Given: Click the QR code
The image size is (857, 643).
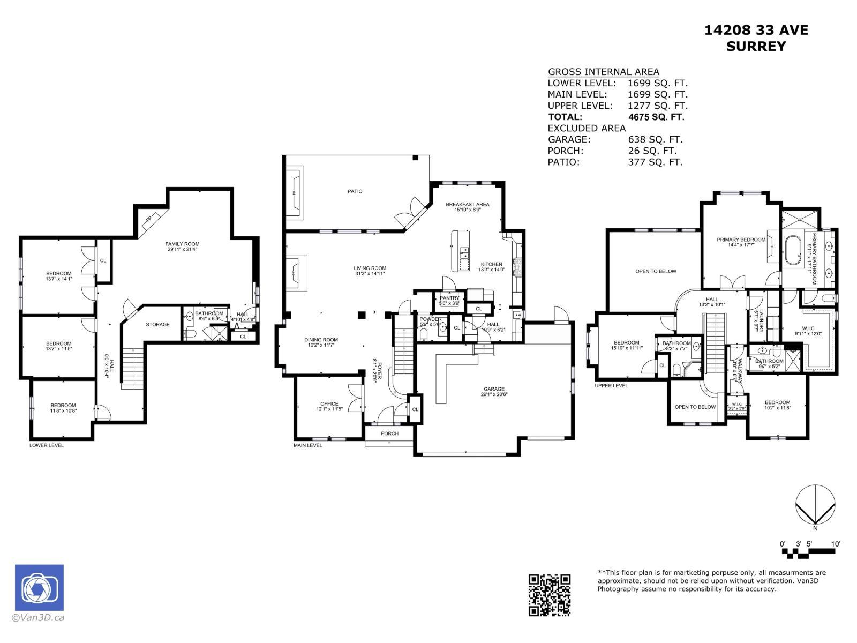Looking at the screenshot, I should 550,595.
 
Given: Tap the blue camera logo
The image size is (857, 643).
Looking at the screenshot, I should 39,588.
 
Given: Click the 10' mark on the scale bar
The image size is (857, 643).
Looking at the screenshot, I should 835,544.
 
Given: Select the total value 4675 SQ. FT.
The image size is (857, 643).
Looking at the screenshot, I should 656,117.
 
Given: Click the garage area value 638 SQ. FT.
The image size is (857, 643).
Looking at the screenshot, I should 655,139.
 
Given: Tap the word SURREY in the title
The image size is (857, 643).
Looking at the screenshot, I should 755,47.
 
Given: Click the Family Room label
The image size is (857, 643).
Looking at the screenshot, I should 182,244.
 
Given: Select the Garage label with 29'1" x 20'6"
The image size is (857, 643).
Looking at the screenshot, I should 493,392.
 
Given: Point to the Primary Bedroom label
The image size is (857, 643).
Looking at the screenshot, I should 741,240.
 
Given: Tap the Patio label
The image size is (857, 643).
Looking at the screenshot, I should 355,191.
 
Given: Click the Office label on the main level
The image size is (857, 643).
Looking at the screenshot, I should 329,403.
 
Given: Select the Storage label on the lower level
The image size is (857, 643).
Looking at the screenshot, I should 157,324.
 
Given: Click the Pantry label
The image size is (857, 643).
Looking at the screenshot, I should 449,298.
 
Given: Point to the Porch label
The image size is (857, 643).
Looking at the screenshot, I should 389,433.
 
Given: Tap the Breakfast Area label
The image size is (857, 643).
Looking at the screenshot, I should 467,204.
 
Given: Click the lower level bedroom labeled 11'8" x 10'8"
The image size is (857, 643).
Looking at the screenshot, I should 63,408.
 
